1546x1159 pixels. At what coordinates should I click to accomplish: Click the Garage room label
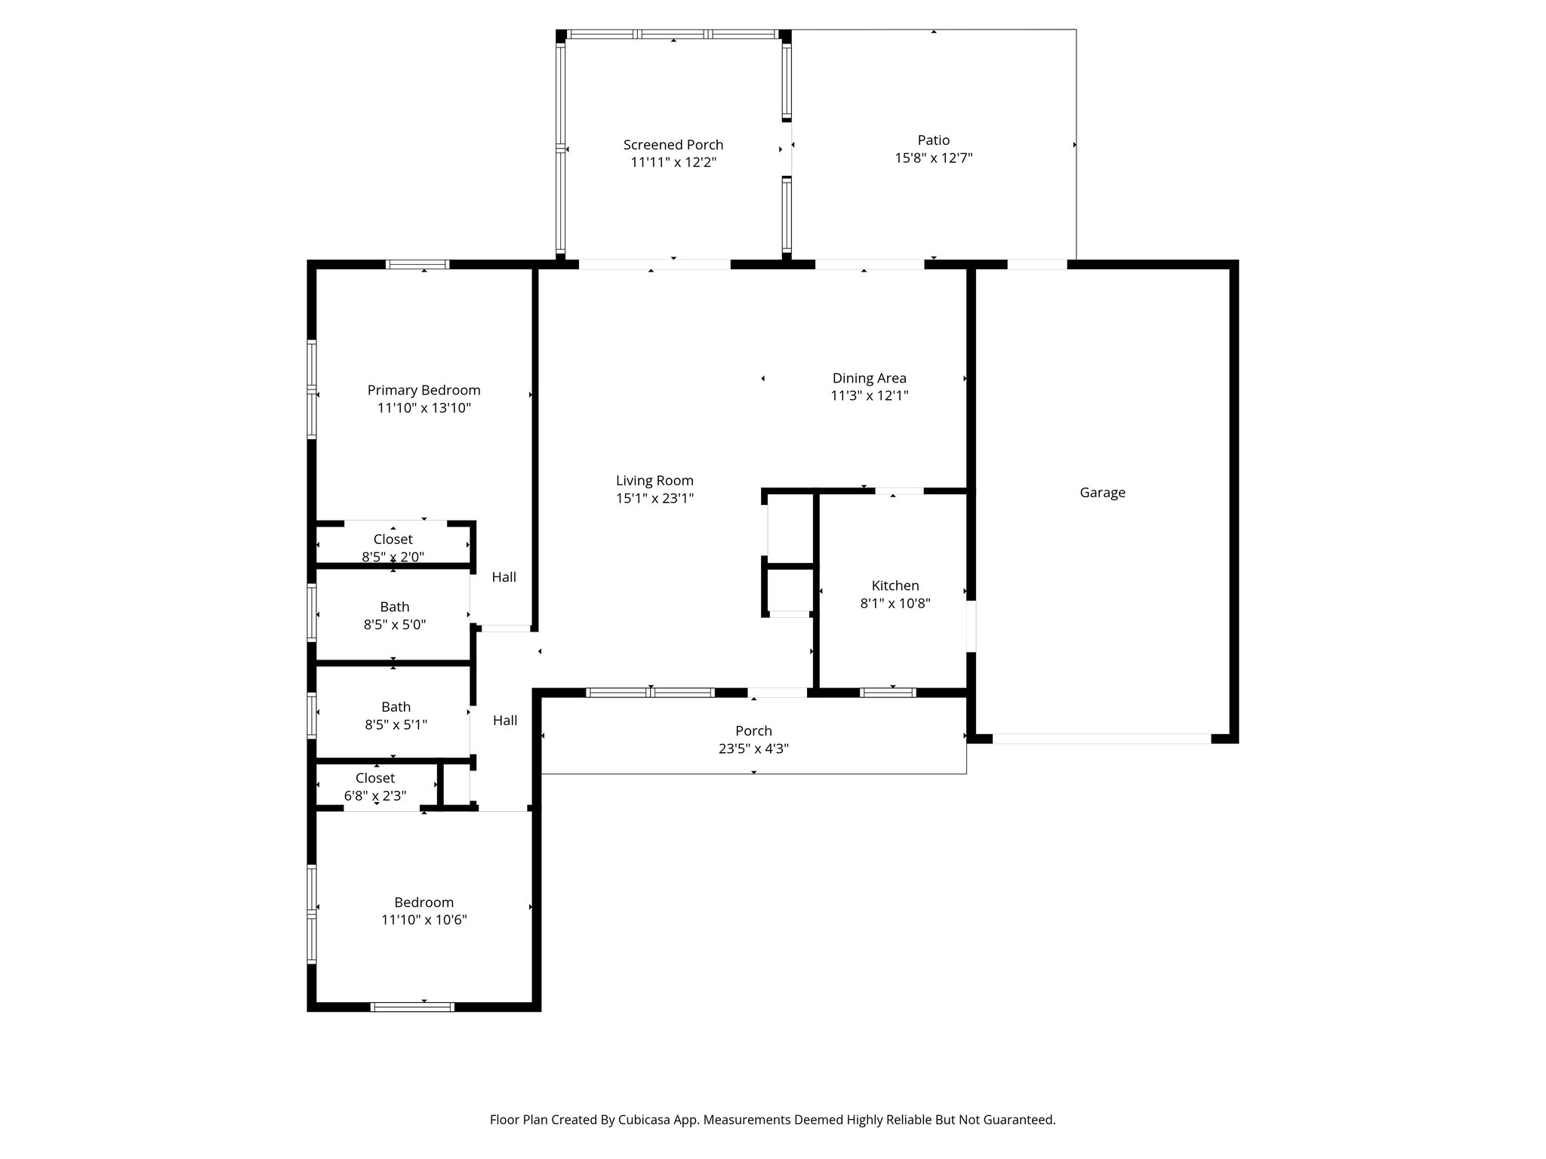(1102, 493)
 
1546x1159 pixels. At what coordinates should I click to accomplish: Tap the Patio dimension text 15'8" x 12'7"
(934, 158)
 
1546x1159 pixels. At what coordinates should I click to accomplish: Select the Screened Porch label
(673, 145)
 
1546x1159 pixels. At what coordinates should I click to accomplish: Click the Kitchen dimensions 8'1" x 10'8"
(895, 604)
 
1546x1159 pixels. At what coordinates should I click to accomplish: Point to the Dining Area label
(869, 378)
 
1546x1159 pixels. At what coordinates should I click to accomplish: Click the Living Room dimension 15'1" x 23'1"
(654, 498)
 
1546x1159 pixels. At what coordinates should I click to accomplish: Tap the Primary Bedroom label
(423, 390)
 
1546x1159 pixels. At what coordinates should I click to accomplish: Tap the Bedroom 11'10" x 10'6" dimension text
(423, 920)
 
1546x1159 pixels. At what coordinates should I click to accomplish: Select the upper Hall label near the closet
(504, 577)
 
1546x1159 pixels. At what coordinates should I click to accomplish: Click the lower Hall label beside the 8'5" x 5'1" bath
(505, 721)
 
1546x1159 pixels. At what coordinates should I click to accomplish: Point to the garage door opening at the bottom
(1101, 739)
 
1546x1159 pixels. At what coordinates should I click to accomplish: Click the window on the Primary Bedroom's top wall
(417, 264)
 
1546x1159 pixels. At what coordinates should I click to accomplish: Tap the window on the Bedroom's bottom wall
(412, 1006)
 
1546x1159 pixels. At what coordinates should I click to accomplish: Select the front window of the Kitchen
(888, 692)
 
